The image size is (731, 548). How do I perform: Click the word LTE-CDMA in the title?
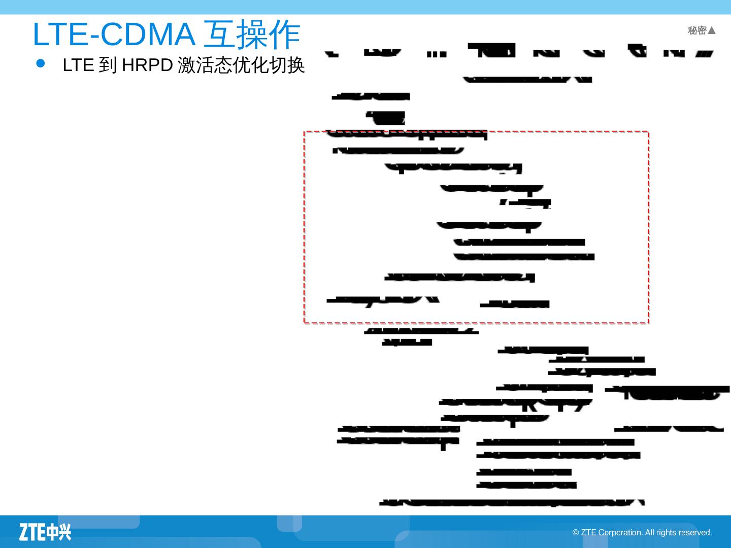[113, 35]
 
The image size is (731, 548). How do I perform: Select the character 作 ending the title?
[285, 35]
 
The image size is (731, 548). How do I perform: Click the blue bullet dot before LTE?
[41, 63]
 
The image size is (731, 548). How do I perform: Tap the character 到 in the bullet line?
[108, 65]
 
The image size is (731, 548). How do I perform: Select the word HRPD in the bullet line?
[147, 65]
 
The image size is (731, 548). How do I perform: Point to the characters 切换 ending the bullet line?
[287, 65]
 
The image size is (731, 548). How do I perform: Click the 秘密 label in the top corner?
[697, 31]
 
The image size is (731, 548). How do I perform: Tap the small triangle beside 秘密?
[712, 31]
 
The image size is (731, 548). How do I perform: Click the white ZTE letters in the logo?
[32, 532]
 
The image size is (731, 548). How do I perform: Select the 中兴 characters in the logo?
[59, 532]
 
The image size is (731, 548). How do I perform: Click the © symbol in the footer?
[576, 533]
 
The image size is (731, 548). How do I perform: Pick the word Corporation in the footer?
[620, 533]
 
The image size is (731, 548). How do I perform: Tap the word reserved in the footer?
[695, 533]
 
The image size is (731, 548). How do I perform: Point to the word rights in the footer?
[666, 533]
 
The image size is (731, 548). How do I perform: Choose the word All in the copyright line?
[650, 533]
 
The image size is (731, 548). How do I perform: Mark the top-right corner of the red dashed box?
[648, 132]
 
